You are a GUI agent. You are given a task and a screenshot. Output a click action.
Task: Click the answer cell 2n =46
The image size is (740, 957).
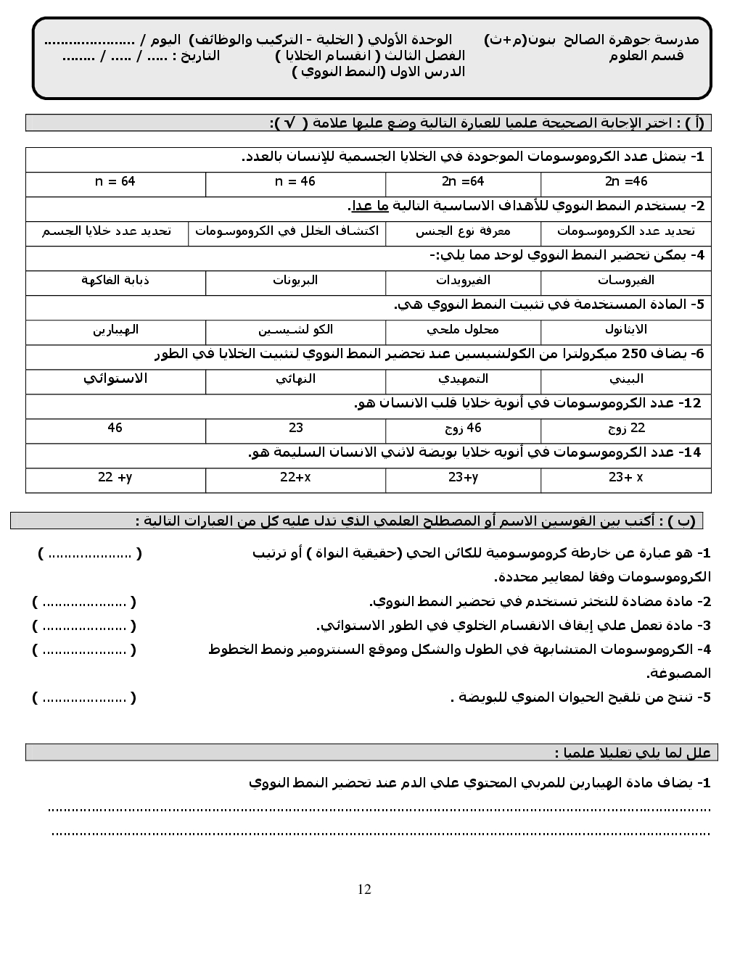tap(625, 181)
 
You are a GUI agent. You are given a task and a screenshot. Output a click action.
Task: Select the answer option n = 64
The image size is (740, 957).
tap(115, 181)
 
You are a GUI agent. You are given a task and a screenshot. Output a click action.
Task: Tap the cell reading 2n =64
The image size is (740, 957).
tap(462, 181)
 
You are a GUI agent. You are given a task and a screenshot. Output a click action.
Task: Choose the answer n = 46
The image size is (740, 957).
tap(295, 181)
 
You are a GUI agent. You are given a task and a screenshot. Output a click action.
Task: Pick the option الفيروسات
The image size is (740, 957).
tap(625, 280)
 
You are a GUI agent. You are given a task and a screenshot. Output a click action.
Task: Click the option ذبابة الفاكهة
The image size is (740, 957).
tap(115, 280)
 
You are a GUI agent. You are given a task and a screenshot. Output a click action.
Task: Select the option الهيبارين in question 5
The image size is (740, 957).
tap(115, 330)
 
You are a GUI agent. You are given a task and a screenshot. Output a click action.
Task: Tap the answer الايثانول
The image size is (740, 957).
tap(625, 330)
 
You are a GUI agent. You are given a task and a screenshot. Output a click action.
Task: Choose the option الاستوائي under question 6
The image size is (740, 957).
tap(115, 378)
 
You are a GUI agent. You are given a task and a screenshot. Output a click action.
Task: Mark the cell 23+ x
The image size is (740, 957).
tap(625, 477)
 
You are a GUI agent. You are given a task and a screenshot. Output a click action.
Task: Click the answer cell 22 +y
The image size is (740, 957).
tap(115, 477)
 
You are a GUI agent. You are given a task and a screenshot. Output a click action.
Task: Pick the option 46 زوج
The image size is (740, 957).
tap(462, 428)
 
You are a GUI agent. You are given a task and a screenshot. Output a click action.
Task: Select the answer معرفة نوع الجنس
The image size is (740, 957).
tap(463, 231)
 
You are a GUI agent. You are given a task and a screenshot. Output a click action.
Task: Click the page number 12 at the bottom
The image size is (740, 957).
tap(364, 890)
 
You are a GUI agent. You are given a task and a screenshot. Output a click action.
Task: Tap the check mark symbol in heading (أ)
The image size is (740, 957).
tap(289, 123)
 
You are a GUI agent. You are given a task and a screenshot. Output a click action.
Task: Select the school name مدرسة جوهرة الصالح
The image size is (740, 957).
tap(624, 40)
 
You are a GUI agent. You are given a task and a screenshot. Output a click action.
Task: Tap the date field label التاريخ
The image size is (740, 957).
tap(197, 56)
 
